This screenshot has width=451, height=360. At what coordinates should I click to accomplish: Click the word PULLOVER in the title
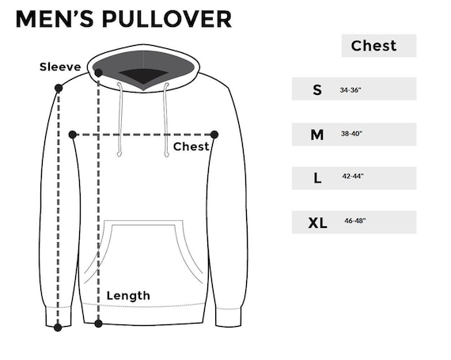(x=166, y=19)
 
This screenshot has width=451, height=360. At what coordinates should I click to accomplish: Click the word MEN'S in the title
(x=55, y=19)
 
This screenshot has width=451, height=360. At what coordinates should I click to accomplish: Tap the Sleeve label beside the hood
(x=60, y=67)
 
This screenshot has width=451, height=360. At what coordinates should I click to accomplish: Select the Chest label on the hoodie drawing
(x=191, y=146)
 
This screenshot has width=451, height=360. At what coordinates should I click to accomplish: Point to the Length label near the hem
(x=128, y=296)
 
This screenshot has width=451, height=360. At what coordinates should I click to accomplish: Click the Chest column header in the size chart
(x=374, y=46)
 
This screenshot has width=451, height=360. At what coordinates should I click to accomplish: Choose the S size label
(x=317, y=90)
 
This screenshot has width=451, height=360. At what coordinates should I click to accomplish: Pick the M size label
(x=317, y=135)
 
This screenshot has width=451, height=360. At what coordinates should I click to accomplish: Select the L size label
(x=317, y=178)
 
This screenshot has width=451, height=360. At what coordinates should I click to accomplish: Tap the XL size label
(x=317, y=223)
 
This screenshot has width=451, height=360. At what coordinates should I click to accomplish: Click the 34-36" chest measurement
(x=351, y=90)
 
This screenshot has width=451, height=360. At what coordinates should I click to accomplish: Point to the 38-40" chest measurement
(x=351, y=134)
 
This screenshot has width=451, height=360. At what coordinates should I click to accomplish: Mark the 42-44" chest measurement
(x=353, y=176)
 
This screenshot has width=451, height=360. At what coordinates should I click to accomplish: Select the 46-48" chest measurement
(x=355, y=221)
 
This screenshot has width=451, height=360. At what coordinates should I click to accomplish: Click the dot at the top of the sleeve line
(x=59, y=88)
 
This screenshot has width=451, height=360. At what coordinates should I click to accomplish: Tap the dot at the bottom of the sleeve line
(x=58, y=328)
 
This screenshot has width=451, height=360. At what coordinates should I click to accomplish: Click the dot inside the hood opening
(x=98, y=73)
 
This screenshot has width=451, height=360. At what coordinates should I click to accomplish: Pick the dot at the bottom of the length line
(x=98, y=324)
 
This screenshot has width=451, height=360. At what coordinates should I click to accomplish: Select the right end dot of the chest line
(x=214, y=135)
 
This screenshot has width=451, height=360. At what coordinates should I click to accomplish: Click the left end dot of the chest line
(x=73, y=135)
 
